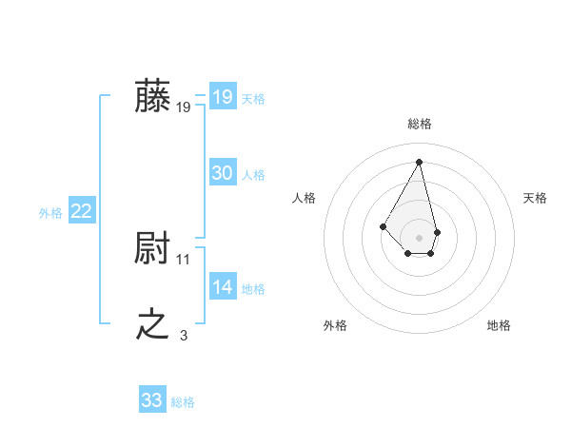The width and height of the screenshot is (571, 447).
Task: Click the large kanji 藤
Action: pos(153,97)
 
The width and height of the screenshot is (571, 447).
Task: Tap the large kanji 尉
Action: pos(153,249)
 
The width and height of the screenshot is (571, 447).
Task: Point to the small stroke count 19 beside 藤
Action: pos(184,107)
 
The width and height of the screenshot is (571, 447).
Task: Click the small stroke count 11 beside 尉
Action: pos(184,259)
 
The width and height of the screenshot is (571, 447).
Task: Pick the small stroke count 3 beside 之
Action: pos(184,335)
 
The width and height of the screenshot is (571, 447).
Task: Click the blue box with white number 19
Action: pos(222,97)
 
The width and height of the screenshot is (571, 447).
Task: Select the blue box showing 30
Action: pos(222,173)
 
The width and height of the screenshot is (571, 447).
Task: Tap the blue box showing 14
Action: pos(222,287)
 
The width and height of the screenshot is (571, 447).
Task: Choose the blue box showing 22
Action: pos(81,211)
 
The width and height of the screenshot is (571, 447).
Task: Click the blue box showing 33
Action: pos(151,400)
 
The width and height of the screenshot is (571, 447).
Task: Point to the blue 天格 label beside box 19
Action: pos(253,98)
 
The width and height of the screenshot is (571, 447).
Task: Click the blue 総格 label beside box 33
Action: pos(183,402)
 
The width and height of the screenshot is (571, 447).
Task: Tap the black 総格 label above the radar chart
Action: pos(420,124)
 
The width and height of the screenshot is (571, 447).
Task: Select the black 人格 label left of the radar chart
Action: pos(305,198)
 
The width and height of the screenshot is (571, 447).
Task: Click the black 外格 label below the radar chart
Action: pos(334,326)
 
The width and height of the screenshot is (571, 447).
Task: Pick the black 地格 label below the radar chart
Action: pos(499,326)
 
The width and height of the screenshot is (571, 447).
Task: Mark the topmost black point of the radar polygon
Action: pos(420,162)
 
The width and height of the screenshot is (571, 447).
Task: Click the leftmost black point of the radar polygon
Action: pos(384,225)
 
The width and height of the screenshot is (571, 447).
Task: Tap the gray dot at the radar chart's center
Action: pos(420,237)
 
